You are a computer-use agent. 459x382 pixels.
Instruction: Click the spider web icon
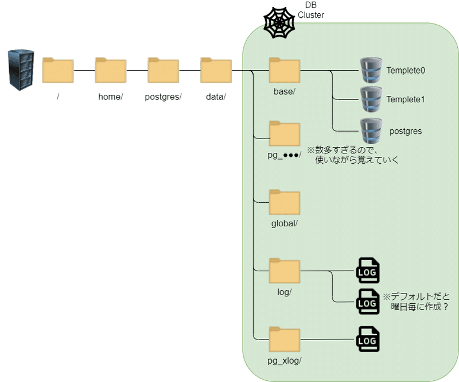point(279,23)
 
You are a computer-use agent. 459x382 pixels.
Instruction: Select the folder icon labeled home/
point(111,71)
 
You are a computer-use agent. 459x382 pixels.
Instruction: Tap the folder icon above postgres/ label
point(163,71)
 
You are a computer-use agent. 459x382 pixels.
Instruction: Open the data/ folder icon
point(216,71)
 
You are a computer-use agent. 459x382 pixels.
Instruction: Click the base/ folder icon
point(285,71)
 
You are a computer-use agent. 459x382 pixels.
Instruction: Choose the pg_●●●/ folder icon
point(285,134)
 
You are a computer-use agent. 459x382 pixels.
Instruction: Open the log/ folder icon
point(285,272)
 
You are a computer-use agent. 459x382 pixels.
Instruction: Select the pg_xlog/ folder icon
point(285,340)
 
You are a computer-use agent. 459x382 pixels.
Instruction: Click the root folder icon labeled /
point(58,71)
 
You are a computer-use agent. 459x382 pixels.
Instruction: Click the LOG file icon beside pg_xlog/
point(368,339)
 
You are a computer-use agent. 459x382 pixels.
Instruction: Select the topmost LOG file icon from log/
point(368,271)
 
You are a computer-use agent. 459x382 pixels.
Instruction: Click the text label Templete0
point(406,71)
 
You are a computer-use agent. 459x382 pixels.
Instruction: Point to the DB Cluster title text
point(311,10)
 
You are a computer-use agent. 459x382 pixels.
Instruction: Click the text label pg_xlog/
point(285,361)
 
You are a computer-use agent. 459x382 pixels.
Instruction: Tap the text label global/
point(285,223)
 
